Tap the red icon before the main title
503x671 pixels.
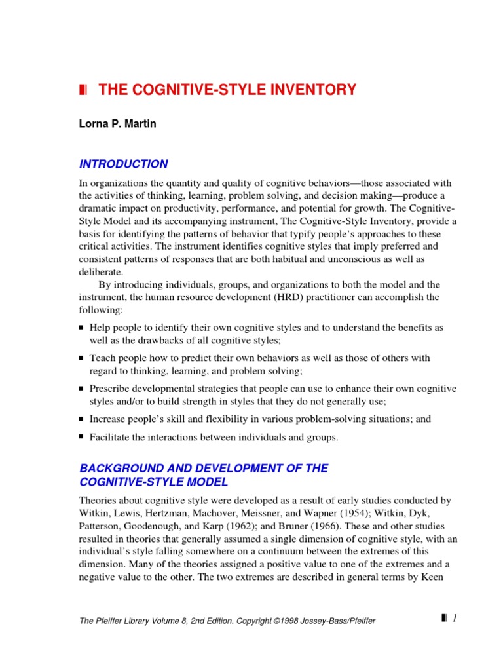(x=83, y=90)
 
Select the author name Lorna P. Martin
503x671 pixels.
(x=118, y=125)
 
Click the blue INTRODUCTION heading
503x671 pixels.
(x=123, y=164)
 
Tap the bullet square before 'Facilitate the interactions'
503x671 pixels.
(x=81, y=437)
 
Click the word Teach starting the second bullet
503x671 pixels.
(x=102, y=358)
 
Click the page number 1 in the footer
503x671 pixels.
(x=454, y=618)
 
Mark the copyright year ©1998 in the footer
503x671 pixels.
(x=271, y=621)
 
